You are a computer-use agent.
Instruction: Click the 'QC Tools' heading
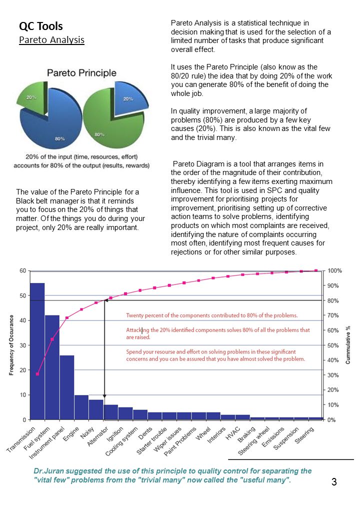coord(41,26)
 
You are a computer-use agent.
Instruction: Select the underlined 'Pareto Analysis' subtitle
coord(51,40)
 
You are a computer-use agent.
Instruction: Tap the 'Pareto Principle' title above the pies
coord(81,72)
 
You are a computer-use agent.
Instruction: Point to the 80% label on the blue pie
coord(59,138)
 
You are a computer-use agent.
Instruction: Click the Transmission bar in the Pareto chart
coord(37,351)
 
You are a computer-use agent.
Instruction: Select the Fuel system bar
coord(52,367)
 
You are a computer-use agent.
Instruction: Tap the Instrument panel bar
coord(67,387)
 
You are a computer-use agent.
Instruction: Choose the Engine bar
coord(81,407)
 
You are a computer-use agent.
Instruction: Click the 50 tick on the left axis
coord(22,295)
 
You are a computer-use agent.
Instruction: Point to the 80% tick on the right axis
coord(333,301)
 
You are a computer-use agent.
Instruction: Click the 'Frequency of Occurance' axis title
coord(11,345)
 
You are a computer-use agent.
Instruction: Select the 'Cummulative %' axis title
coord(347,345)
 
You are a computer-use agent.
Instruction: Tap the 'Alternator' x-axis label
coord(98,436)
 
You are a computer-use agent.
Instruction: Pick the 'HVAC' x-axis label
coord(232,433)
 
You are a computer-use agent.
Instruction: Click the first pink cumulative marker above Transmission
coord(37,374)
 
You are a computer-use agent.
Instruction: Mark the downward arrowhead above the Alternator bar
coord(104,396)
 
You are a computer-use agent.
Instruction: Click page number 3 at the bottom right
coord(334,482)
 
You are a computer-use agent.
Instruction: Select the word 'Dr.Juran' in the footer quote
coord(48,471)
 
